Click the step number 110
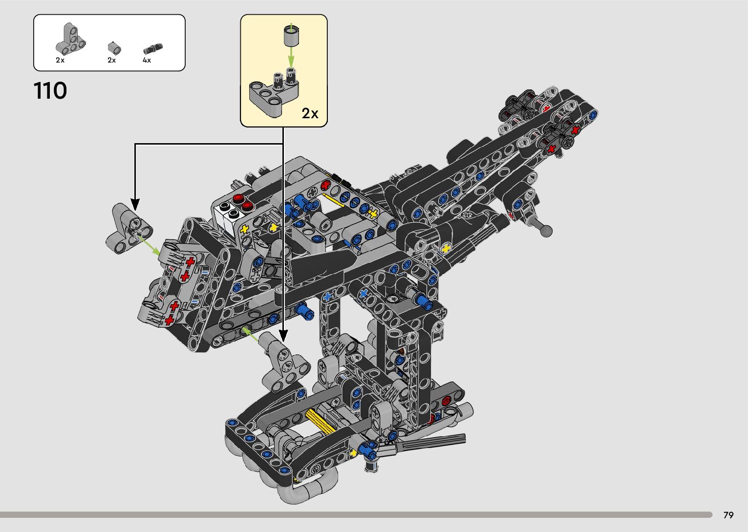tap(50, 91)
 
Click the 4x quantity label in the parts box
tap(147, 60)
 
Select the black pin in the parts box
tap(153, 49)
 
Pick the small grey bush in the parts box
tap(114, 48)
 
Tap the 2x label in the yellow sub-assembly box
tap(310, 113)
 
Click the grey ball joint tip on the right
tap(546, 231)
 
